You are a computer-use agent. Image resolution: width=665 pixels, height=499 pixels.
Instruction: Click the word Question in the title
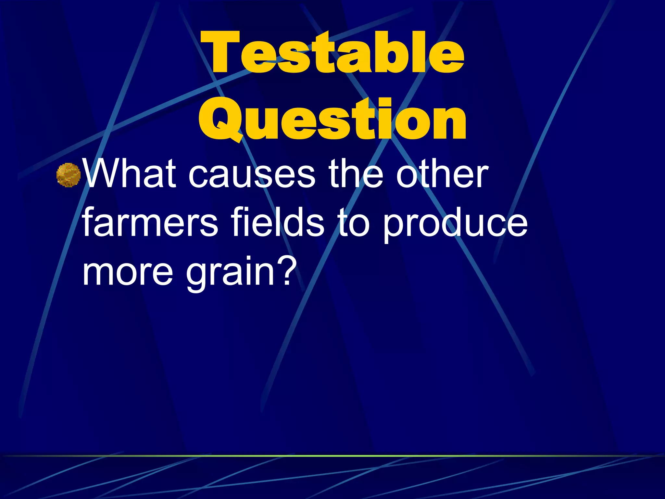pyautogui.click(x=332, y=120)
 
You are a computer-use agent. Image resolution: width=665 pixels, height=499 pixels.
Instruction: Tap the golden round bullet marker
pyautogui.click(x=69, y=175)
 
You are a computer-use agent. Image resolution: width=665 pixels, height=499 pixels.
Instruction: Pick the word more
pyautogui.click(x=128, y=272)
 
